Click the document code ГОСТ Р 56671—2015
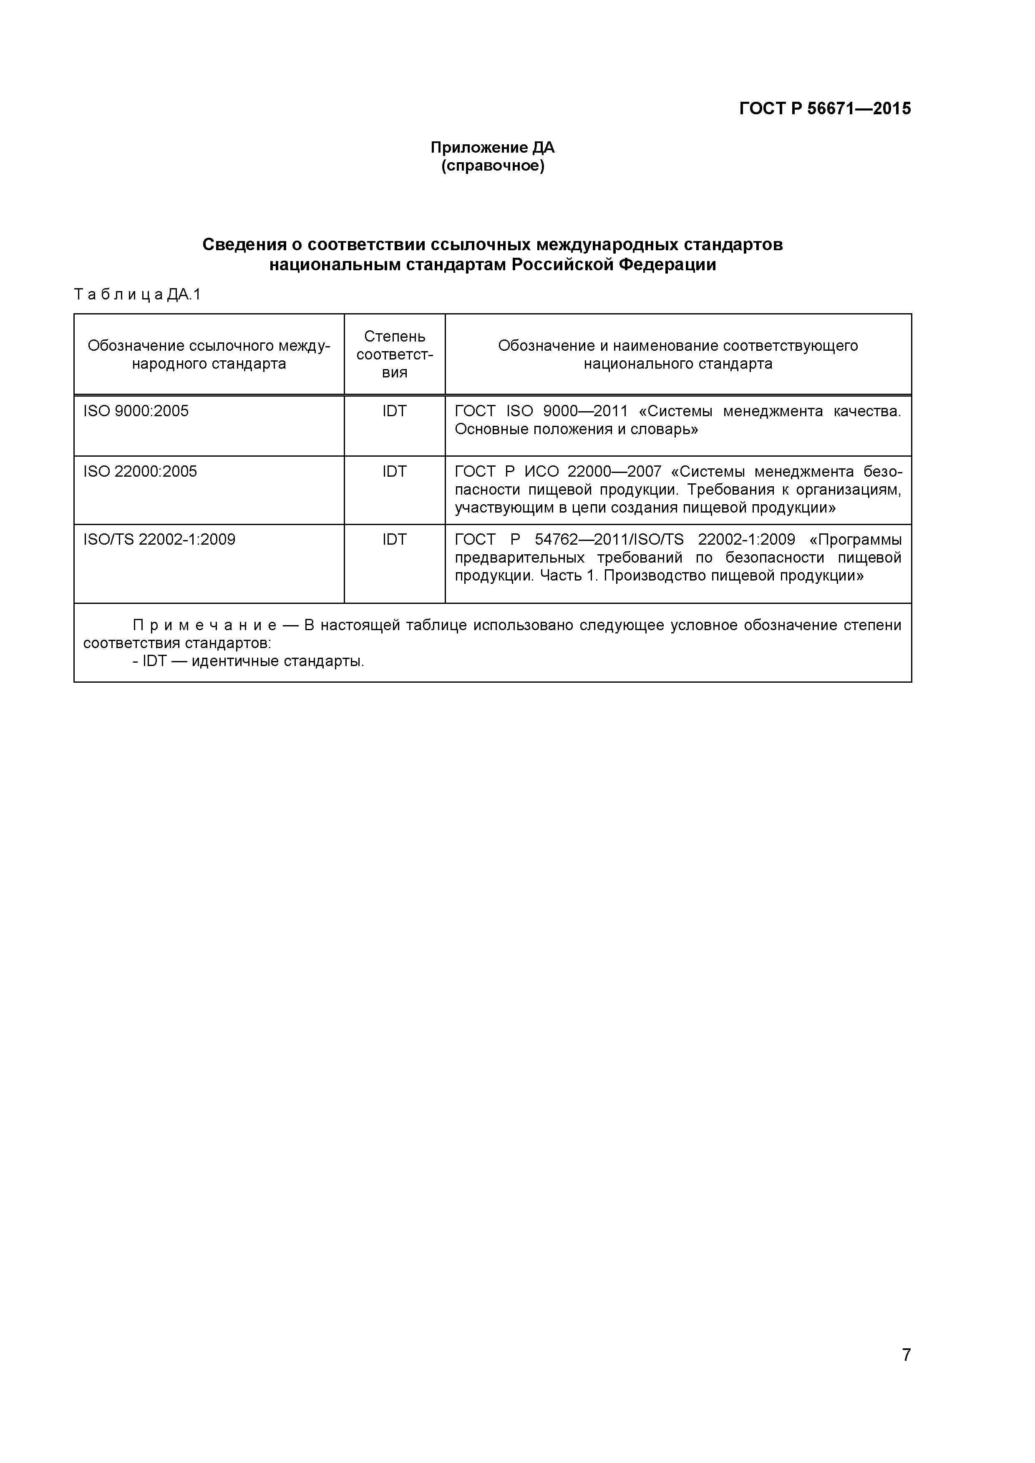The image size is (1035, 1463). pyautogui.click(x=825, y=109)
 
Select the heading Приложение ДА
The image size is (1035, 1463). pyautogui.click(x=493, y=148)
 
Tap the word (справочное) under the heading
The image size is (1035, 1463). pyautogui.click(x=493, y=166)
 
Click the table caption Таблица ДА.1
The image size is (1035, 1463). pyautogui.click(x=137, y=294)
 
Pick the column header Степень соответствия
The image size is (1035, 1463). pyautogui.click(x=395, y=354)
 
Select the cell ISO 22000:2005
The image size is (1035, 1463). pyautogui.click(x=140, y=472)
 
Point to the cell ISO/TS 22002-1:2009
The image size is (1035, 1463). pyautogui.click(x=159, y=540)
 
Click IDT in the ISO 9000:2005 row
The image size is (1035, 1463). pyautogui.click(x=395, y=411)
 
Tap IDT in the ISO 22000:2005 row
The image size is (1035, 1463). pyautogui.click(x=395, y=472)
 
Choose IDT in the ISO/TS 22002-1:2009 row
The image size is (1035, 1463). pyautogui.click(x=395, y=540)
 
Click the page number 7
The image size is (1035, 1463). pyautogui.click(x=906, y=1373)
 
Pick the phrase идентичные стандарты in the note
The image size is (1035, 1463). pyautogui.click(x=278, y=661)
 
